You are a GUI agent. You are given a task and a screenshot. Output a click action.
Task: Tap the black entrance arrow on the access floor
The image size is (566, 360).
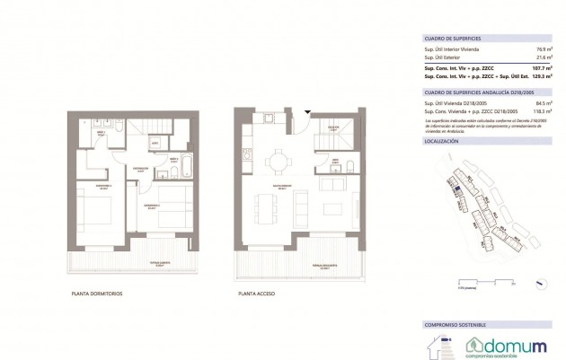(307, 112)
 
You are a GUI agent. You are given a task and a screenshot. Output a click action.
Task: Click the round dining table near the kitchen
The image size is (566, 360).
(278, 162)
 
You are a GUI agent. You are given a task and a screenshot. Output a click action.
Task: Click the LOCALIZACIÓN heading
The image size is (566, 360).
(441, 142)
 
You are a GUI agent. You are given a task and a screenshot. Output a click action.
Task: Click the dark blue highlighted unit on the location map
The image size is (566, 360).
(457, 188)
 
